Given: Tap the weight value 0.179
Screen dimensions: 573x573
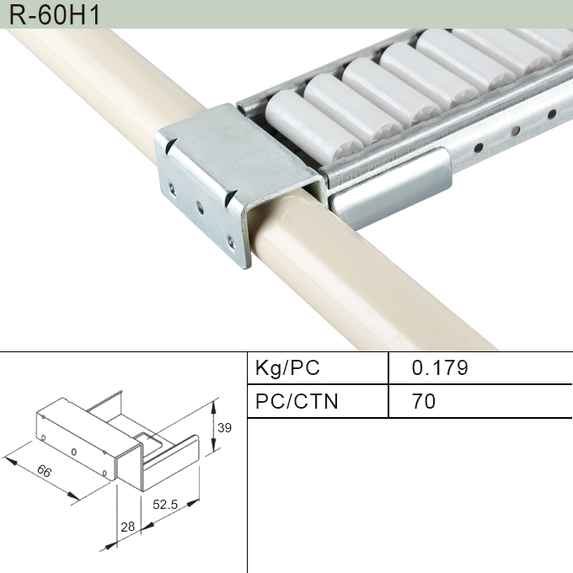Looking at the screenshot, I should coord(439,368).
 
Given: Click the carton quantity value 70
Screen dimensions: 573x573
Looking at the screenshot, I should coord(424,401).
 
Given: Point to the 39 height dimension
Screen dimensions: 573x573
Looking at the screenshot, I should coord(224,427).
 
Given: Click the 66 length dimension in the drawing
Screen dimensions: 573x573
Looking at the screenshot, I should coord(44,472).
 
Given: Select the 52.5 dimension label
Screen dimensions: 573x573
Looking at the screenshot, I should coord(164,505).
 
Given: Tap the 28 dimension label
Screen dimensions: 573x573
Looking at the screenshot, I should coord(127,527).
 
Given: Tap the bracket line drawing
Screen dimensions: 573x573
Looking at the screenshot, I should coord(118,442).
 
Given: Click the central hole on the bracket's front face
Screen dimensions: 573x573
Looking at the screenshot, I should coord(199,204).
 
